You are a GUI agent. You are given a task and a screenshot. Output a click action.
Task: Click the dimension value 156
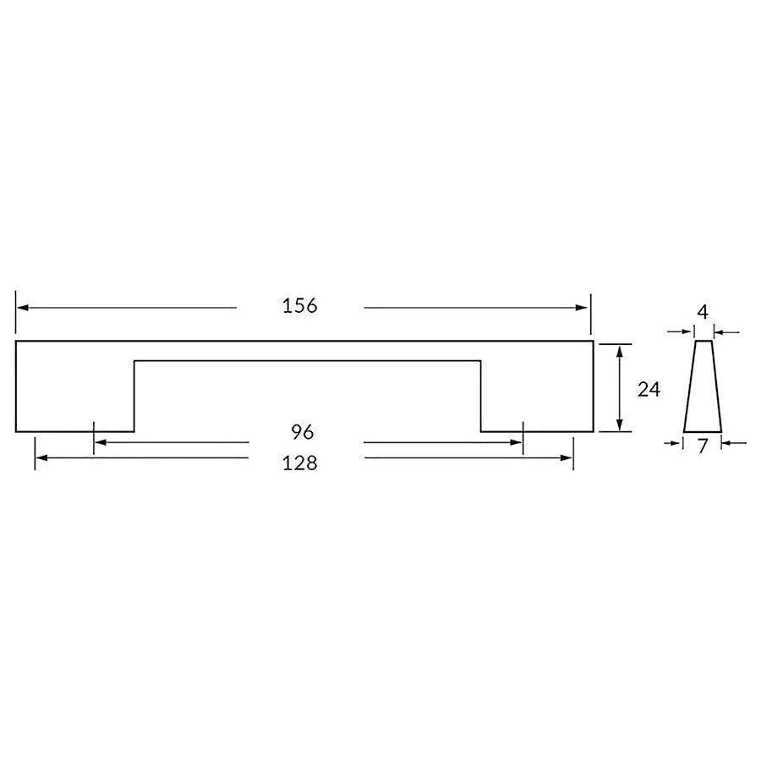click(x=300, y=306)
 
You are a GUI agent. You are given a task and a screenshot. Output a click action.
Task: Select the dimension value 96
click(x=303, y=432)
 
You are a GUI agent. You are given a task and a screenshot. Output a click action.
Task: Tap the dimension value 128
click(x=300, y=463)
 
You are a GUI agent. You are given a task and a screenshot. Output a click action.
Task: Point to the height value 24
click(x=649, y=389)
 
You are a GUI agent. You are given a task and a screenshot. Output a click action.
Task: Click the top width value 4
click(x=702, y=312)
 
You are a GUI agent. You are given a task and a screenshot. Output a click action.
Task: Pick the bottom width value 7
click(x=703, y=447)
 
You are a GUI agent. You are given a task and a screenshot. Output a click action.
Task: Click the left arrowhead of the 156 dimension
click(x=23, y=308)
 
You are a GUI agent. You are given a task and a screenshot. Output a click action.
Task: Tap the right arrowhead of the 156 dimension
click(x=583, y=308)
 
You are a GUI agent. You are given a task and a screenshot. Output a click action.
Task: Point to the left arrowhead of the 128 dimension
click(x=41, y=458)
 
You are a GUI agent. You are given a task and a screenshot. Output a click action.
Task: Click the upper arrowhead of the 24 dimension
click(x=621, y=351)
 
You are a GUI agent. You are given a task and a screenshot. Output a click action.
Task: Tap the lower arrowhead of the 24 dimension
click(x=621, y=425)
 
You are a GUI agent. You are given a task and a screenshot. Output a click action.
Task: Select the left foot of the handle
click(x=75, y=406)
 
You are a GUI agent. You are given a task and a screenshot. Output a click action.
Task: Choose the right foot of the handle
click(x=536, y=406)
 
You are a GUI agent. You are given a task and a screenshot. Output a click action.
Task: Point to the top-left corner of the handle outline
click(x=16, y=342)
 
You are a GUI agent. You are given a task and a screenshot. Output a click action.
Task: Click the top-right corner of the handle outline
click(x=593, y=342)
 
